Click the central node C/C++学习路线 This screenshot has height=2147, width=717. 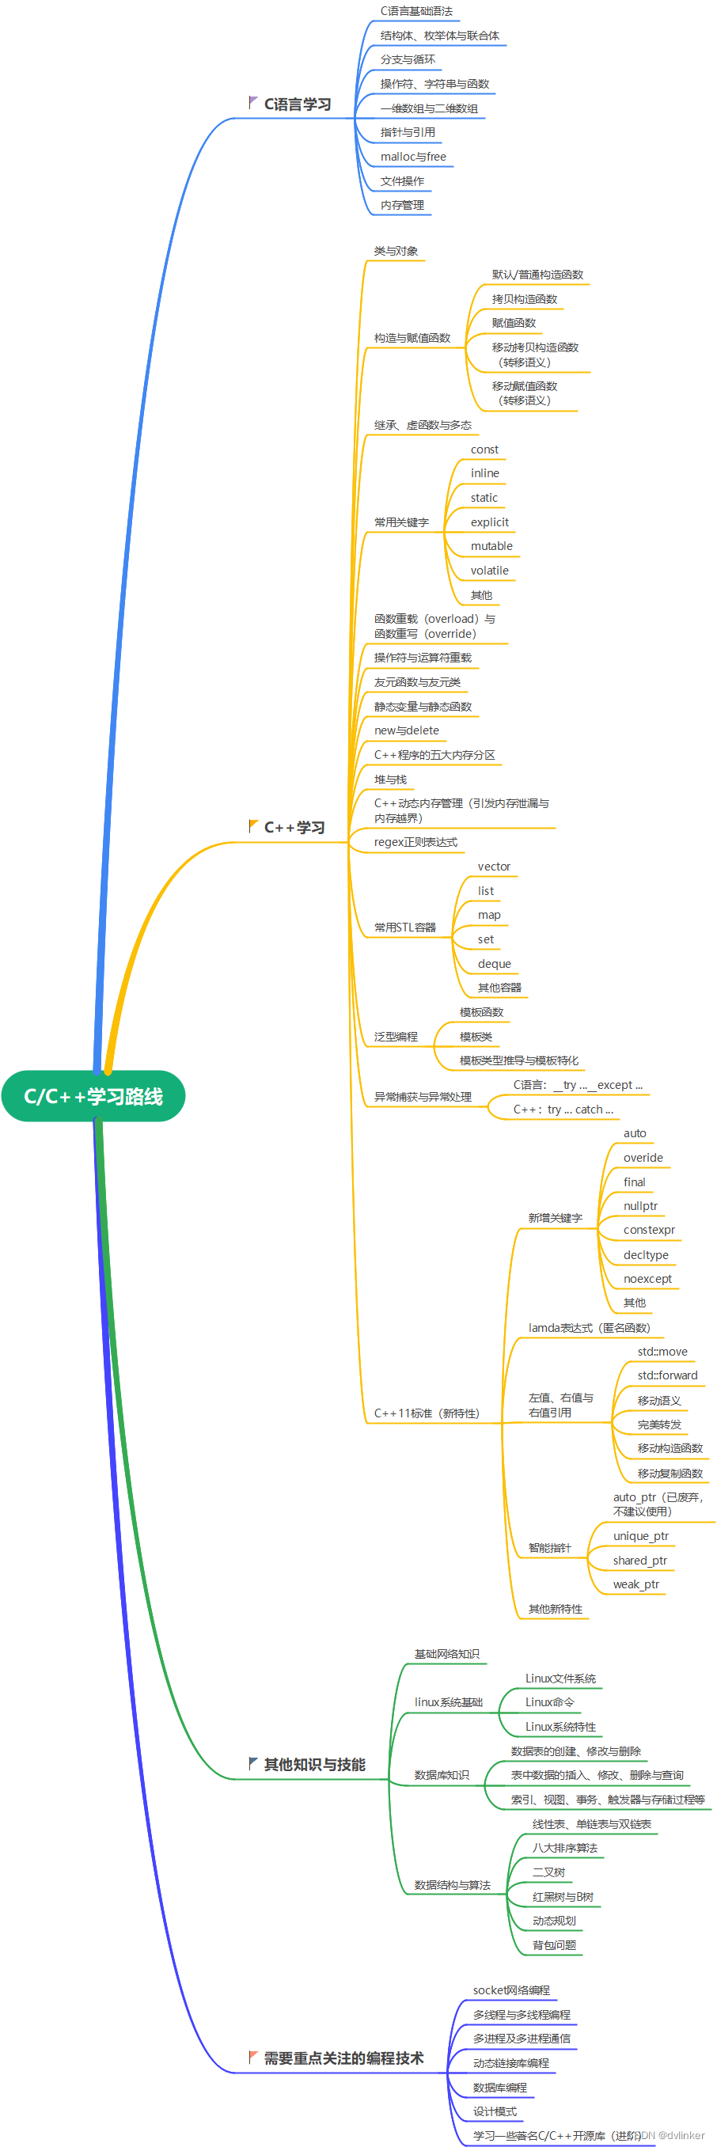[x=93, y=1096]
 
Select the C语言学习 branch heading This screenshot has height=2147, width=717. [x=298, y=104]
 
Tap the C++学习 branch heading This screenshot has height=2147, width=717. [x=294, y=828]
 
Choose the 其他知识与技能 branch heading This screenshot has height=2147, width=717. [x=314, y=1765]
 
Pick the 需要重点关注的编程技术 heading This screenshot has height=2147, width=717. [x=343, y=2058]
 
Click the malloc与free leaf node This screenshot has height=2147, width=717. [x=412, y=157]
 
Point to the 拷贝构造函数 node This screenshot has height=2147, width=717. [x=525, y=299]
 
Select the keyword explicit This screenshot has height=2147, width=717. [x=489, y=522]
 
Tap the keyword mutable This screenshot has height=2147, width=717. [x=492, y=546]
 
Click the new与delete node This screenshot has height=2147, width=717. [x=406, y=730]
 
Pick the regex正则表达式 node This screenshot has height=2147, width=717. [x=415, y=842]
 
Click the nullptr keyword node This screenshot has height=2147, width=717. [x=640, y=1206]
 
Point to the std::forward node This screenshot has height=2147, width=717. [x=667, y=1375]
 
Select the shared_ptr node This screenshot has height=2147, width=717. [x=639, y=1561]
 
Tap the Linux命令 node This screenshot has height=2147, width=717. [x=549, y=1702]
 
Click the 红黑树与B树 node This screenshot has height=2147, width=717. [x=563, y=1897]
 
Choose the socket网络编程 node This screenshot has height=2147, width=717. [x=511, y=1990]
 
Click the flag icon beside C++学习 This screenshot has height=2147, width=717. [x=253, y=826]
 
